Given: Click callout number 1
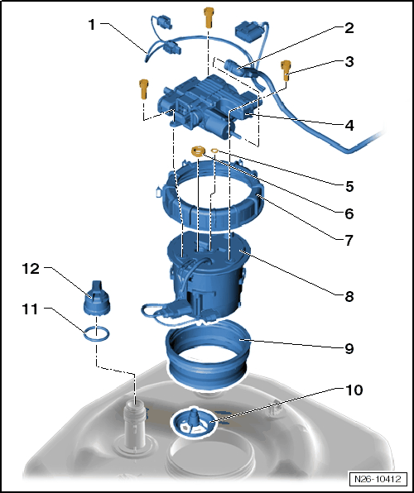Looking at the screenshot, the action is point(91,25).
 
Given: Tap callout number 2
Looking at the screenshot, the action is point(349,28).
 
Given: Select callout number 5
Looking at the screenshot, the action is point(349,186).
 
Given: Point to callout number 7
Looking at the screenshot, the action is point(349,241).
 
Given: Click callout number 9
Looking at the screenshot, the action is point(349,348).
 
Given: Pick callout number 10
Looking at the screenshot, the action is point(354,390).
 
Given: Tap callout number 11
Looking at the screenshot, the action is point(30,309).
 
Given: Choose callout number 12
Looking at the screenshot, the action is point(31,269).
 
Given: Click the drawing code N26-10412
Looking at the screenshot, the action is point(378,479).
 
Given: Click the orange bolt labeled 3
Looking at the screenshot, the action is point(286,70).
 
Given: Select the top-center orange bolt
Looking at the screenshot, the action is point(209,17).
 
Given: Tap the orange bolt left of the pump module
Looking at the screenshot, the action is point(143,89).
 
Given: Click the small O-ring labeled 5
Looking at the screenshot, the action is point(214,151).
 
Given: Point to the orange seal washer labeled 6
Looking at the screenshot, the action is point(198,151).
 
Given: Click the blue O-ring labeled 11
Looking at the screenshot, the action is point(97,333).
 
